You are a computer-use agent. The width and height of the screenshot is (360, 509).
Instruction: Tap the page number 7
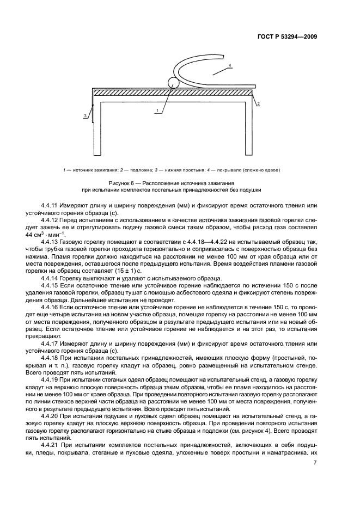tap(315, 463)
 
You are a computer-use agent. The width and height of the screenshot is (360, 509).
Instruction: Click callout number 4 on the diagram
tap(230, 65)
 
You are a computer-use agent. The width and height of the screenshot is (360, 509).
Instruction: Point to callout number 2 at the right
tap(258, 102)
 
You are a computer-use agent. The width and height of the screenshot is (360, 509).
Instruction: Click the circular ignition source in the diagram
tap(174, 83)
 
